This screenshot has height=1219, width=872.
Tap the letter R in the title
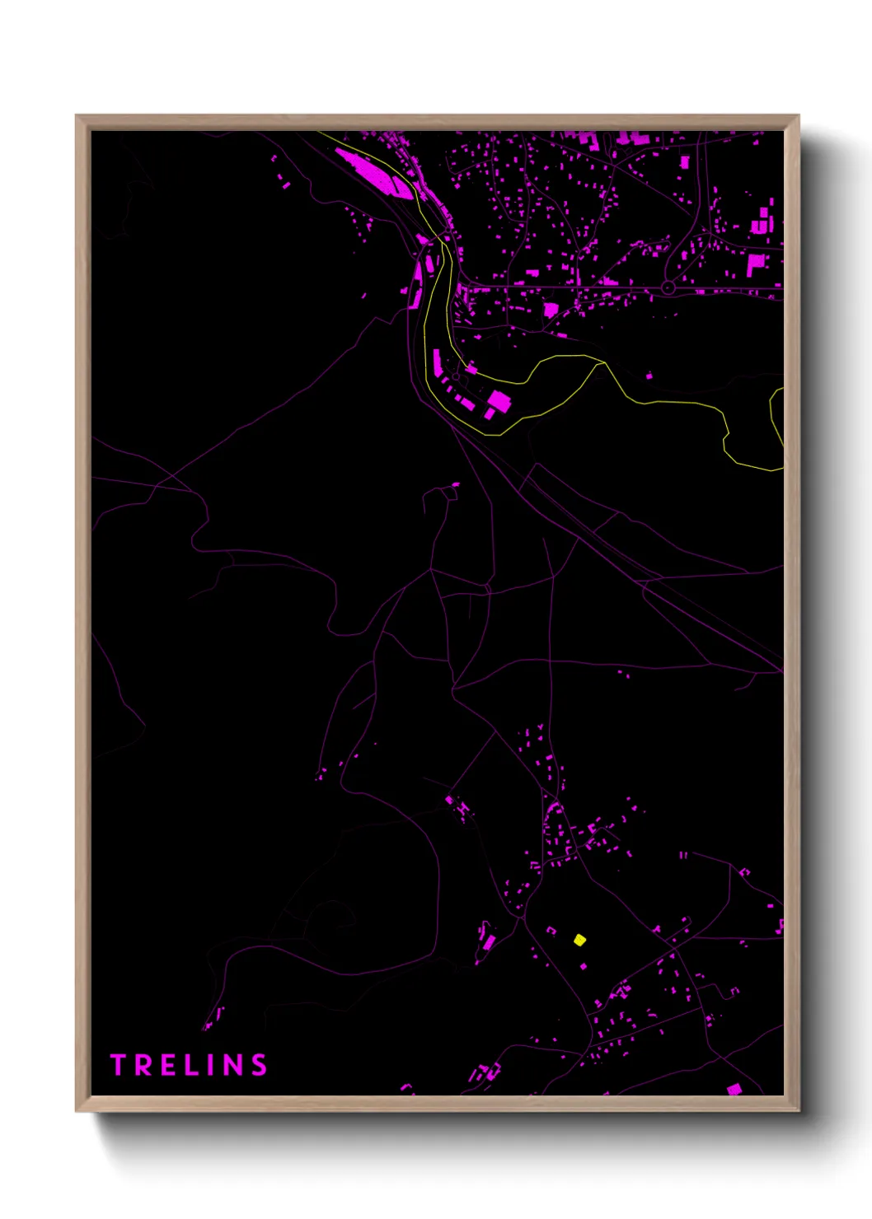pyautogui.click(x=142, y=1065)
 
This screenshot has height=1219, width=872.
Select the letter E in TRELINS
pyautogui.click(x=166, y=1065)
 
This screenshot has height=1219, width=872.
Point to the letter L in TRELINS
pyautogui.click(x=190, y=1065)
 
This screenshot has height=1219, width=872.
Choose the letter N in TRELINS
pyautogui.click(x=233, y=1065)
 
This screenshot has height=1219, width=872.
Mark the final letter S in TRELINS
pyautogui.click(x=260, y=1065)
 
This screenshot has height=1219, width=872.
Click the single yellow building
pyautogui.click(x=580, y=940)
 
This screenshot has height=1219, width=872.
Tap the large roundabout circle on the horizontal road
pyautogui.click(x=668, y=288)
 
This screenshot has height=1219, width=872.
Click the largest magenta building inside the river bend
pyautogui.click(x=499, y=402)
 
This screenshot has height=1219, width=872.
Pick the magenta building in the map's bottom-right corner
pyautogui.click(x=734, y=1090)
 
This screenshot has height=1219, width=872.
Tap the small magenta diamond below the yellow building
pyautogui.click(x=584, y=966)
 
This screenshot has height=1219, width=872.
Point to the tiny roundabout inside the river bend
pyautogui.click(x=456, y=376)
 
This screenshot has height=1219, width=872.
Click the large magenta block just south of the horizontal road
pyautogui.click(x=551, y=311)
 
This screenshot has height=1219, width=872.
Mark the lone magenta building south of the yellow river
pyautogui.click(x=649, y=376)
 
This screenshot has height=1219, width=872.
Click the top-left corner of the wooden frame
pyautogui.click(x=77, y=116)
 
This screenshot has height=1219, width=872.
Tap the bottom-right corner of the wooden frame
pyautogui.click(x=798, y=1110)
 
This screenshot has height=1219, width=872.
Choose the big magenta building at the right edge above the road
pyautogui.click(x=756, y=264)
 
